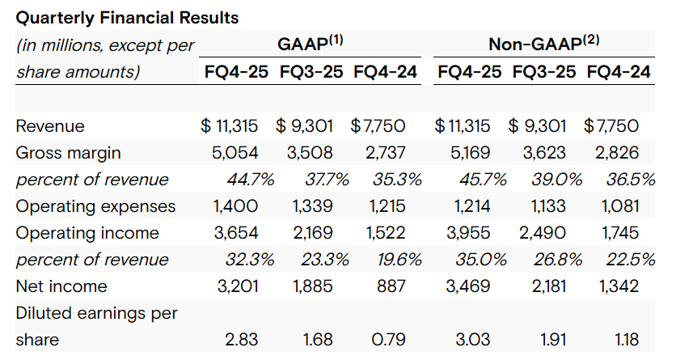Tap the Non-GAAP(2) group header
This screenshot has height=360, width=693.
point(543,44)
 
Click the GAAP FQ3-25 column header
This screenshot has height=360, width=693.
point(311,71)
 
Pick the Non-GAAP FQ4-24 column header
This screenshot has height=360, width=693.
point(619,71)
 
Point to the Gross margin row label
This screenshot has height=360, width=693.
point(69,153)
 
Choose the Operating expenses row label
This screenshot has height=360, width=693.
point(95,206)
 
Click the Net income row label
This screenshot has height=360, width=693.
point(61,286)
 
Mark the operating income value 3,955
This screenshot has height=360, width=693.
point(469,233)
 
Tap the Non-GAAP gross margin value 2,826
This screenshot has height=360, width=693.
point(616,153)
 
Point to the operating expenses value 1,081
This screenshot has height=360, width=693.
point(620,206)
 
